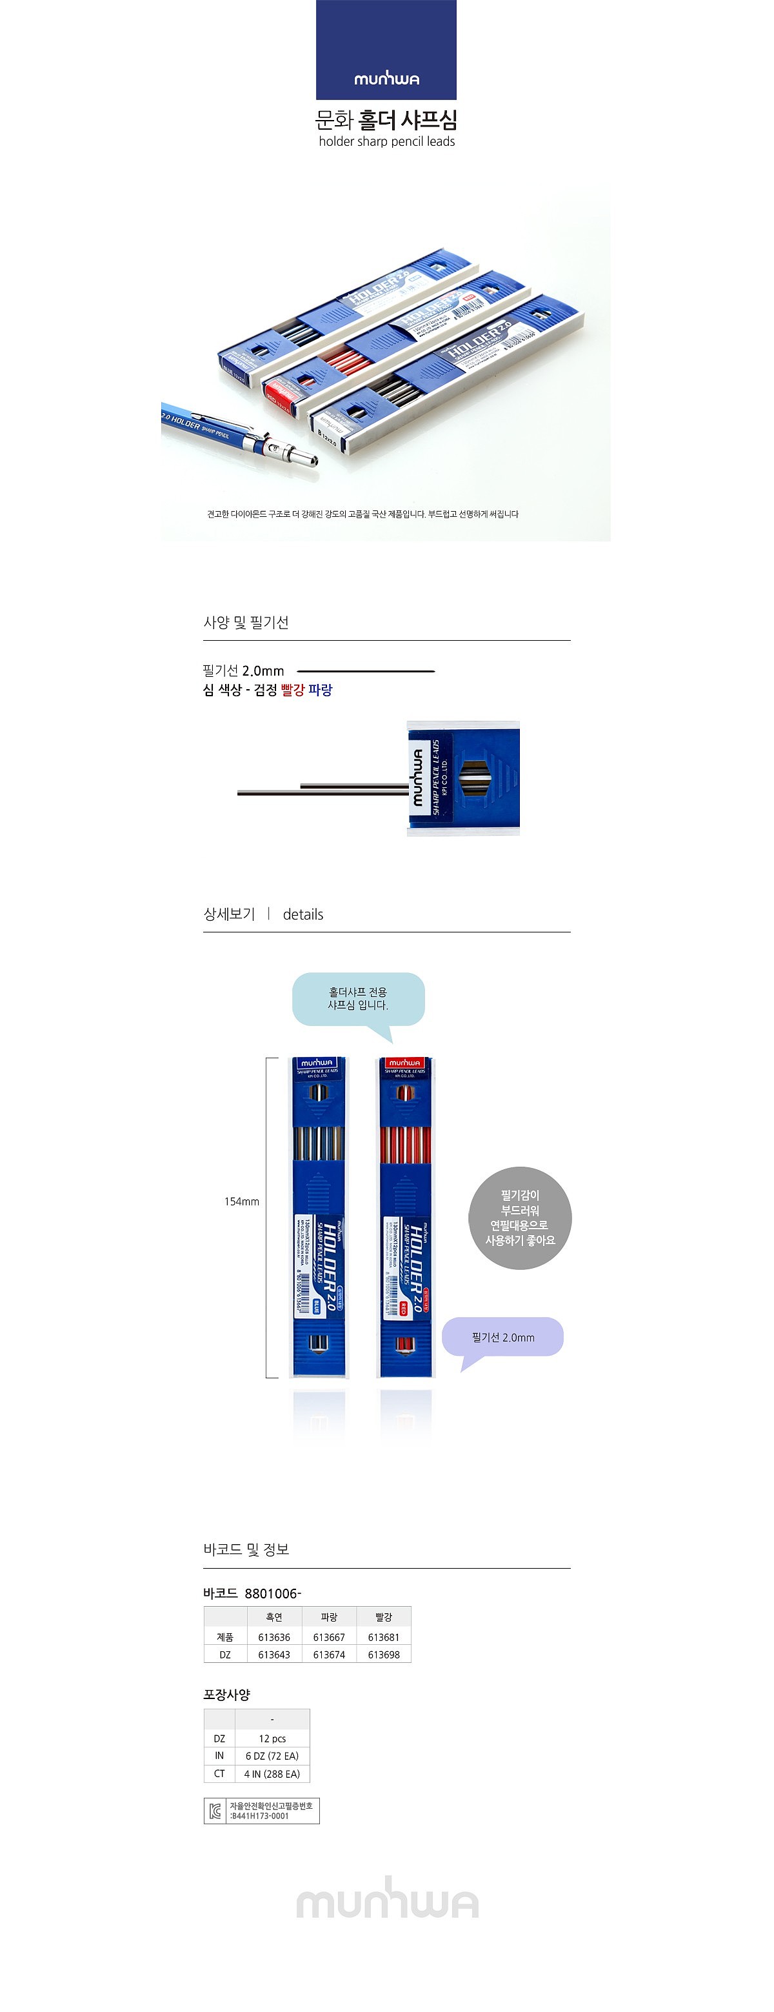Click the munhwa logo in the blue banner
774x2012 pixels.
[386, 79]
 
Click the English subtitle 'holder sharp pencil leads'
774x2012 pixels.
[386, 141]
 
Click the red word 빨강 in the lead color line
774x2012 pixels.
[292, 690]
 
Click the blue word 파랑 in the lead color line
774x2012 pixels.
[320, 690]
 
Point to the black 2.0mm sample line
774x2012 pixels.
[366, 671]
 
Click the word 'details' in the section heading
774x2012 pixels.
[303, 914]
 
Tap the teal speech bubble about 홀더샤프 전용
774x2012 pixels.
[358, 998]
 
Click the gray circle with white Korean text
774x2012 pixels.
[520, 1217]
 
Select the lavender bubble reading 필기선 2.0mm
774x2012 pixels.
[503, 1337]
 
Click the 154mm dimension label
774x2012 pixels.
[241, 1202]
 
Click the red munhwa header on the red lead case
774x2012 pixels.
[404, 1063]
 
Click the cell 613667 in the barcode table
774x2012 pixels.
[329, 1637]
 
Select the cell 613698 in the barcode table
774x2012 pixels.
[384, 1655]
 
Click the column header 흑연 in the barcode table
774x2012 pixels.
[274, 1617]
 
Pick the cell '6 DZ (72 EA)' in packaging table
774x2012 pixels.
[272, 1756]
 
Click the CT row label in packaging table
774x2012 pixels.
[219, 1774]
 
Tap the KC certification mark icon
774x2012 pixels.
[215, 1811]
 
